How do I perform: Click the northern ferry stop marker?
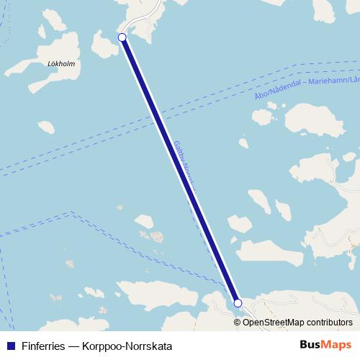pyautogui.click(x=122, y=37)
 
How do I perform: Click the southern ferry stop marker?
pyautogui.click(x=238, y=304)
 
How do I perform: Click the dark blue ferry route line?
pyautogui.click(x=180, y=170)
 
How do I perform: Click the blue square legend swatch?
pyautogui.click(x=9, y=345)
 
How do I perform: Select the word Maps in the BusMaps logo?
pyautogui.click(x=336, y=344)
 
